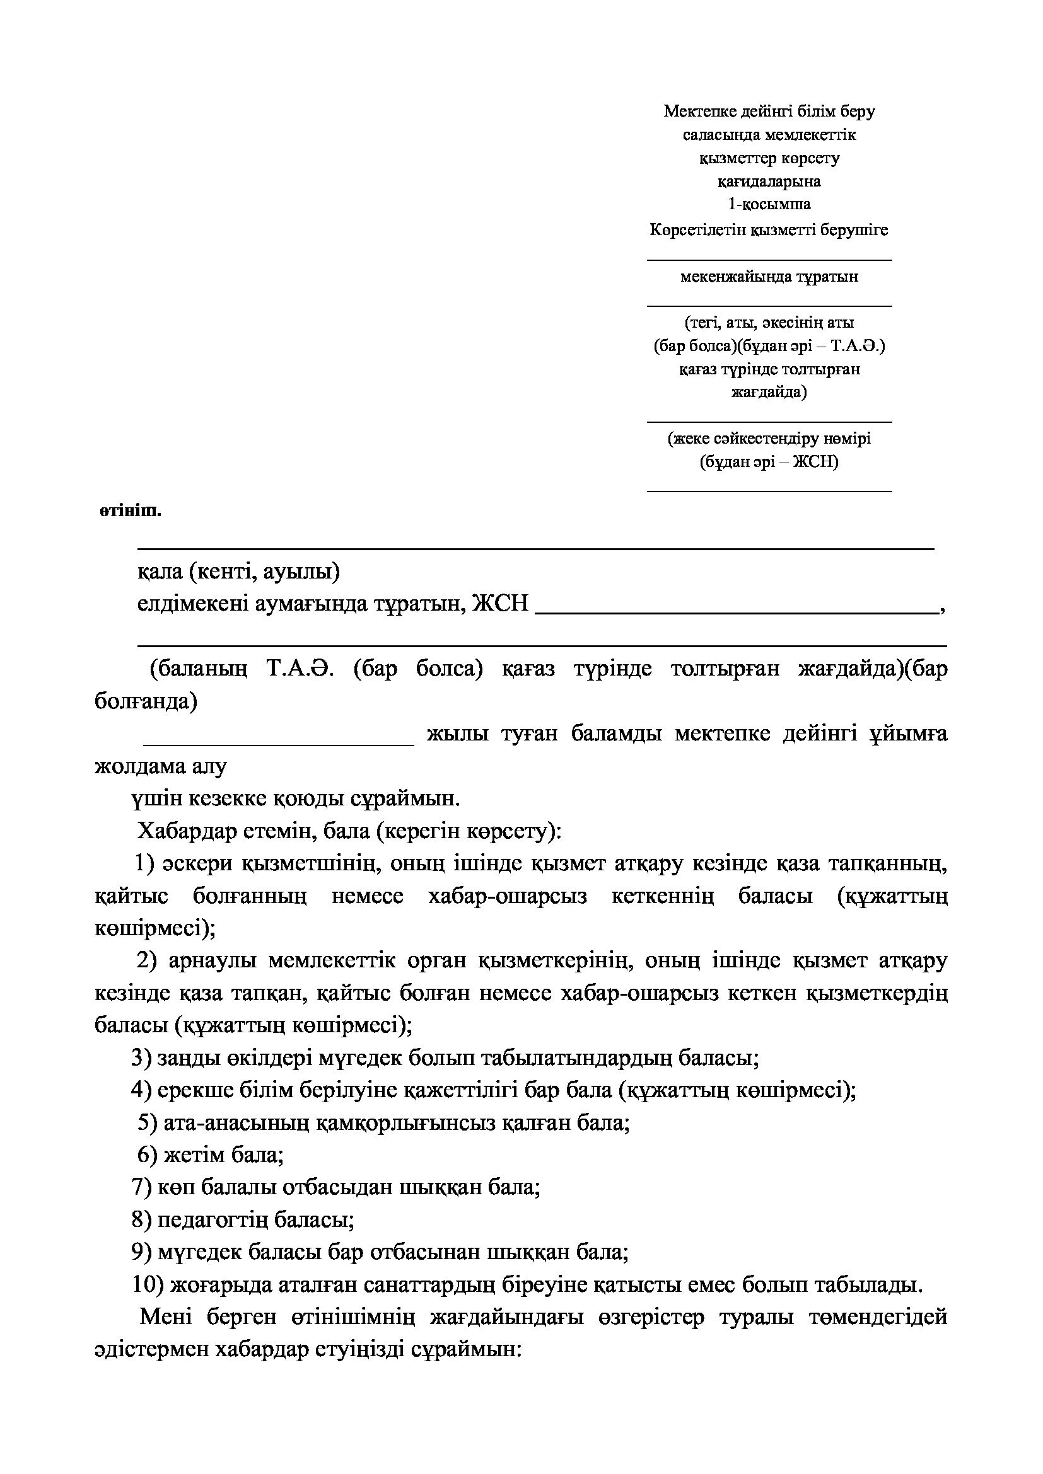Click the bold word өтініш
pos(130,512)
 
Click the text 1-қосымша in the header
pos(769,204)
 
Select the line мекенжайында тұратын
pos(769,277)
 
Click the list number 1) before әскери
pos(145,863)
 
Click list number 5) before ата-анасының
pos(147,1122)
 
